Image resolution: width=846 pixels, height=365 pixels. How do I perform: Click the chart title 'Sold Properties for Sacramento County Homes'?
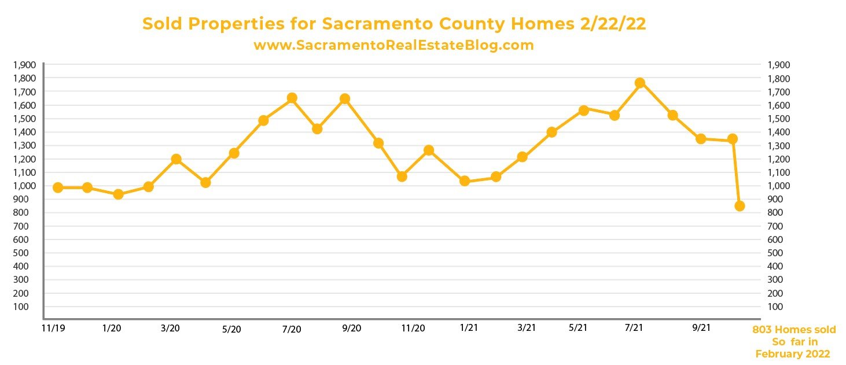[395, 24]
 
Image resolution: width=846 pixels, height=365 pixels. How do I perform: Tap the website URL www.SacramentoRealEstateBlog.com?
[393, 45]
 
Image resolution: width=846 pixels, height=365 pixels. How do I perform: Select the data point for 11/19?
[58, 187]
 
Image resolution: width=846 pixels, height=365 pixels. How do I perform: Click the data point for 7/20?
[292, 98]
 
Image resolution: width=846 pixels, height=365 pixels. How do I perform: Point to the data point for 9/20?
[345, 99]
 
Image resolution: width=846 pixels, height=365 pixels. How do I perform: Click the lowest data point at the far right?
[740, 206]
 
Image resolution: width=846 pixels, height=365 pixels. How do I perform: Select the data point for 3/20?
[176, 159]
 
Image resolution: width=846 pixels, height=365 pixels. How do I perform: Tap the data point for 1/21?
[464, 181]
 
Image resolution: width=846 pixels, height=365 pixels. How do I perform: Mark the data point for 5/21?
[583, 110]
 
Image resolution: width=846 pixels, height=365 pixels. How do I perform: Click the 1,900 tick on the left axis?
[23, 65]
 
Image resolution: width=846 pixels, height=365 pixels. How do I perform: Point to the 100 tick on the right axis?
[775, 307]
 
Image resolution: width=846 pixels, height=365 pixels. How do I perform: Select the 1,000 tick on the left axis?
[23, 186]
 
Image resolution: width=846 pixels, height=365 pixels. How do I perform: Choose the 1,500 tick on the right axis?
[778, 119]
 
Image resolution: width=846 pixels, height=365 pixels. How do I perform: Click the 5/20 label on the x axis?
[231, 329]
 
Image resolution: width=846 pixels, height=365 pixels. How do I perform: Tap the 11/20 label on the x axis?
[413, 328]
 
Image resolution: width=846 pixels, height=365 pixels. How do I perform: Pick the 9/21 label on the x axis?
[701, 328]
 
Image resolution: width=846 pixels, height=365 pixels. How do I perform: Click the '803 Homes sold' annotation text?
[794, 330]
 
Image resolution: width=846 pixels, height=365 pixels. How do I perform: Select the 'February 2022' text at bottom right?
[793, 354]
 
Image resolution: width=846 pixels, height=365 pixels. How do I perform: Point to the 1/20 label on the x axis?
[112, 328]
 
